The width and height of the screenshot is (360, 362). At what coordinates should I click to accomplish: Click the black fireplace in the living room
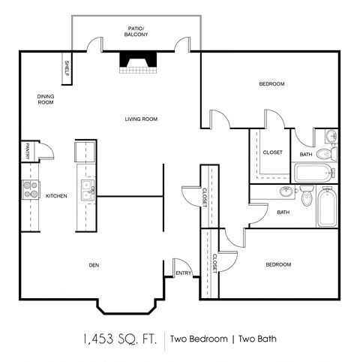click(x=136, y=63)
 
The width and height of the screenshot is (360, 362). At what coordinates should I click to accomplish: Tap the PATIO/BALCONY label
click(x=136, y=31)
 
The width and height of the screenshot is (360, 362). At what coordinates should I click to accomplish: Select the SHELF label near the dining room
click(x=67, y=68)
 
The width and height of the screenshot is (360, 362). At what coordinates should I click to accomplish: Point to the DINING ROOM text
click(x=45, y=99)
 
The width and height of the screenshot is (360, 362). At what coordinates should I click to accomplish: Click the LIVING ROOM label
click(x=140, y=119)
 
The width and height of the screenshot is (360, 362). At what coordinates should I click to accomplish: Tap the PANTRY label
click(x=26, y=151)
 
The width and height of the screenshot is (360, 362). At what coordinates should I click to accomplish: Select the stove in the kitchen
click(x=30, y=189)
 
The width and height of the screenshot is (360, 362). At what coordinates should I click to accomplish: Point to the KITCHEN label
click(x=56, y=196)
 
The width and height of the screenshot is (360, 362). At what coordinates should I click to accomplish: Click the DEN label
click(x=94, y=264)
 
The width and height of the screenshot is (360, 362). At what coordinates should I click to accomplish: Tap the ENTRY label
click(x=183, y=273)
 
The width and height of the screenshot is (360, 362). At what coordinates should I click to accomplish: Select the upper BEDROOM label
click(x=271, y=84)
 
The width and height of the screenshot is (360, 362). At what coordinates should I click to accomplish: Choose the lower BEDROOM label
click(x=277, y=264)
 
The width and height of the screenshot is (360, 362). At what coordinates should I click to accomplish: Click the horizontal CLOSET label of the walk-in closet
click(x=272, y=152)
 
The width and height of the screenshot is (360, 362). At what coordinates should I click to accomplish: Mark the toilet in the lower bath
click(x=306, y=198)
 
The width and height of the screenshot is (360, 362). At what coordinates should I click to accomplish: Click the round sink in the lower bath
click(x=286, y=192)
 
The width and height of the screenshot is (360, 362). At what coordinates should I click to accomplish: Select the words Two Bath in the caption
click(x=256, y=339)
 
